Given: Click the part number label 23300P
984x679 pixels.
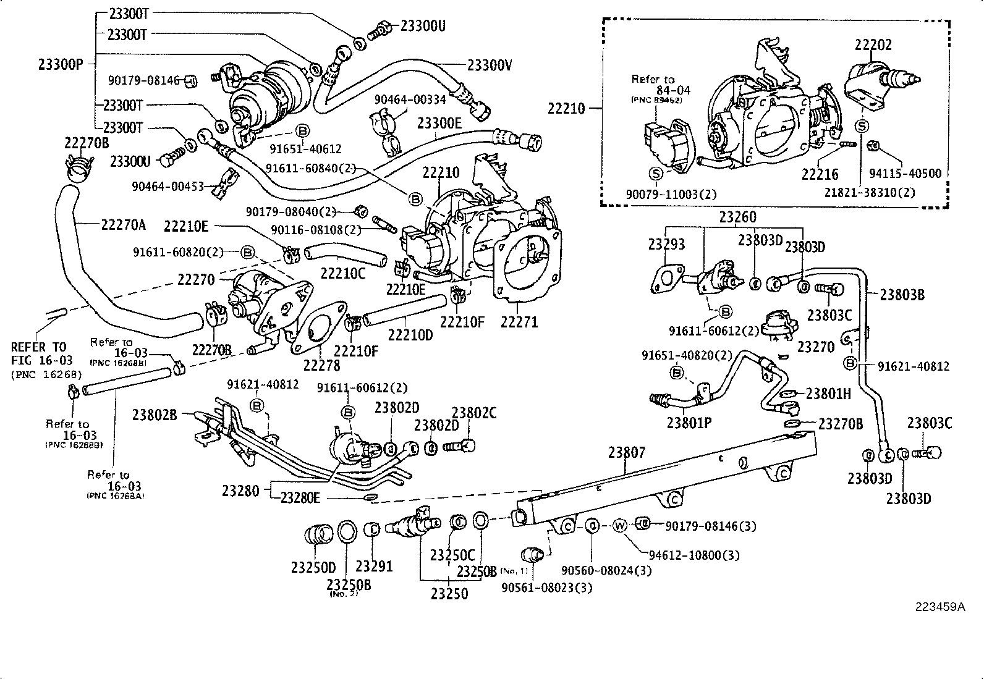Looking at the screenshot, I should tap(60, 64).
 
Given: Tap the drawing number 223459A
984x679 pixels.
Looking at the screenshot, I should tap(939, 607).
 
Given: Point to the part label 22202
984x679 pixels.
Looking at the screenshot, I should tap(873, 44).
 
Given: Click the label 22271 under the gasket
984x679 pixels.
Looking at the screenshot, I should tap(519, 322).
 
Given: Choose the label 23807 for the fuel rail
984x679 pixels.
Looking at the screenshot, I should tap(626, 452).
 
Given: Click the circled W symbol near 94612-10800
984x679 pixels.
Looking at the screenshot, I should tap(620, 526).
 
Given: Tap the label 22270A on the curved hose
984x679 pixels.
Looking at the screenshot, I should tap(124, 224).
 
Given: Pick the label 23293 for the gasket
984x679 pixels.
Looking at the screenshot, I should tap(666, 244).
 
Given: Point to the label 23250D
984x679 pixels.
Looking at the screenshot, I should tap(313, 567).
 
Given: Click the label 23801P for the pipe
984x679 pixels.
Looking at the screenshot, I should tap(689, 422).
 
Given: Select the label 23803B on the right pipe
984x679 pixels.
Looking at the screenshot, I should tap(902, 295).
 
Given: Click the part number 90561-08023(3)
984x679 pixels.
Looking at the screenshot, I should tap(546, 587).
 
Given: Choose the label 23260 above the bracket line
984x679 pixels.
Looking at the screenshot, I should tap(737, 217).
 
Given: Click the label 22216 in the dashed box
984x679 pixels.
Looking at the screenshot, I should tap(820, 175).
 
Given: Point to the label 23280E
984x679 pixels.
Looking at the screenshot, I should tap(300, 497).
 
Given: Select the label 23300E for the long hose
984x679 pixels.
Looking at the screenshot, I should tap(439, 123).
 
